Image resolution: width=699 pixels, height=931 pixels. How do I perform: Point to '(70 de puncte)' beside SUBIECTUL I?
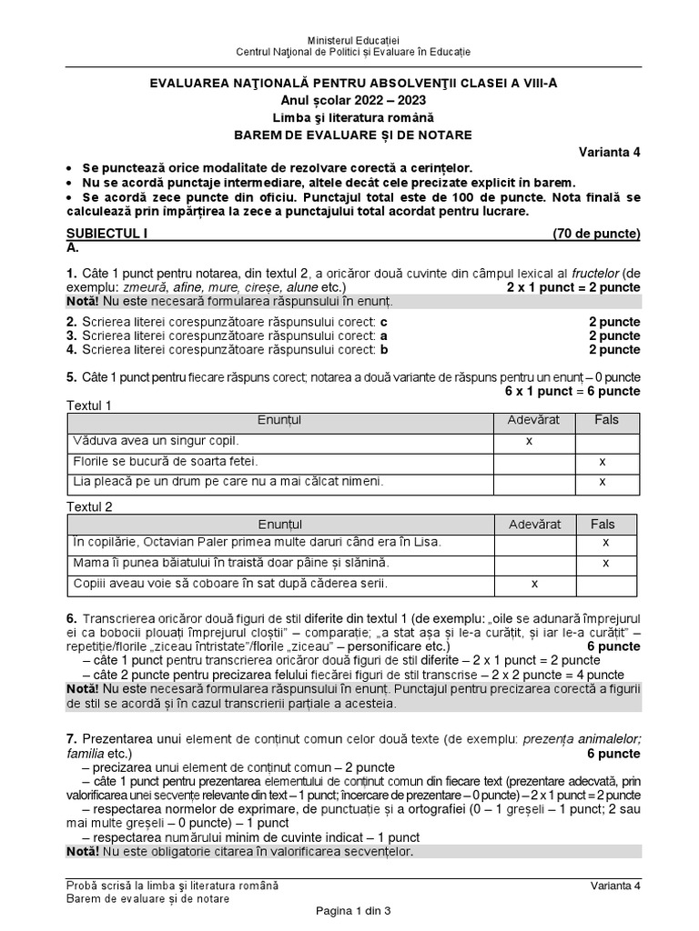[596, 234]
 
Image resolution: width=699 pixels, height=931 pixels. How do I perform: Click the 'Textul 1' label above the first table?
[90, 405]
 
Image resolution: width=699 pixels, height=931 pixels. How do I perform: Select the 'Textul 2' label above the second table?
[90, 507]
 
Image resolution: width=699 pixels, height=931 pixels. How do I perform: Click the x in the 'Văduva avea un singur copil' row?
[529, 440]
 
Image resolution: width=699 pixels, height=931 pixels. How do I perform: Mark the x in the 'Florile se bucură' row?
[603, 461]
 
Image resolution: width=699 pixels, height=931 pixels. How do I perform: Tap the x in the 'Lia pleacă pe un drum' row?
[603, 481]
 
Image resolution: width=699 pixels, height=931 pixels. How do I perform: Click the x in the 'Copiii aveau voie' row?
[534, 584]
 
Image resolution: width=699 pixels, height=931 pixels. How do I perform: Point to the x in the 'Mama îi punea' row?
[606, 564]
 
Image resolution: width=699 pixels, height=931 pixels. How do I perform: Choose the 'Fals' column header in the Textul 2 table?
[603, 524]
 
